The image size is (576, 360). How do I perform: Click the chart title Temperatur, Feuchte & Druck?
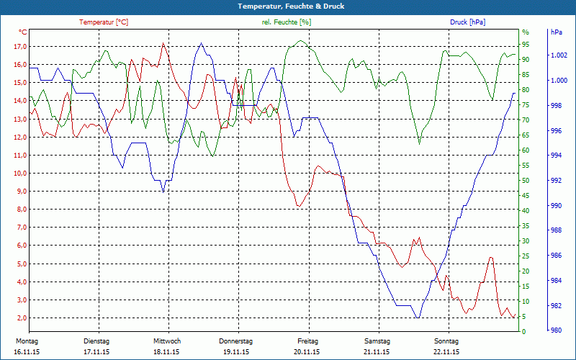(288, 6)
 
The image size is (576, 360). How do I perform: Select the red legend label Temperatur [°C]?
(104, 22)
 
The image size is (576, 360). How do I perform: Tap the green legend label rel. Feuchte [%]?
(287, 22)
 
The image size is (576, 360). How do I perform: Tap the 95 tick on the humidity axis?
(526, 47)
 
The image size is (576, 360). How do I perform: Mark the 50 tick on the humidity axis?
(526, 181)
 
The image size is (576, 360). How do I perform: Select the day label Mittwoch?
(167, 341)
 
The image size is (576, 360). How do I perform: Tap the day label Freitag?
(307, 341)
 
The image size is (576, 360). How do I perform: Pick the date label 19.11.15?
(236, 352)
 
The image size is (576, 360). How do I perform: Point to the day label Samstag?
(377, 341)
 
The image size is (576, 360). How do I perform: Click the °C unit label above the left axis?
(24, 32)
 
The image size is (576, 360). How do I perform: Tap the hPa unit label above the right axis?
(557, 32)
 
